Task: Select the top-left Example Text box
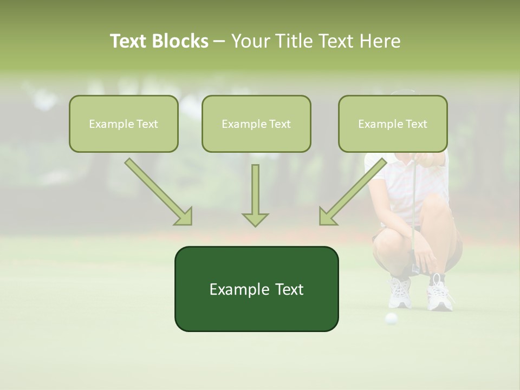[x=123, y=123]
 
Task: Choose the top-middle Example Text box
[x=256, y=123]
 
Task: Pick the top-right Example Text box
[x=393, y=123]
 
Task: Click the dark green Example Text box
[x=256, y=289]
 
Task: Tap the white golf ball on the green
[x=391, y=318]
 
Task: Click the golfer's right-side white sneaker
[x=439, y=295]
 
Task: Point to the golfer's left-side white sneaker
[x=400, y=292]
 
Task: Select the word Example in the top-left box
[x=108, y=123]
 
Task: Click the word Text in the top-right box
[x=416, y=123]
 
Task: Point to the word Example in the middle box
[x=240, y=123]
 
